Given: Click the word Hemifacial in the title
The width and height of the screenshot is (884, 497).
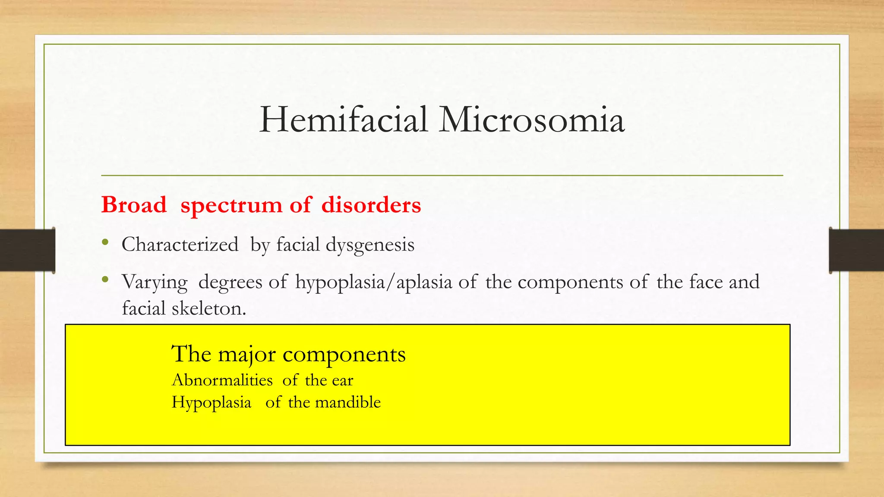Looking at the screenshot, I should [x=344, y=120].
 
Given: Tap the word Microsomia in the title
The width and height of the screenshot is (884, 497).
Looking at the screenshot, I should [x=532, y=120].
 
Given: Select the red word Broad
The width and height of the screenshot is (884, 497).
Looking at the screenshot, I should [x=134, y=204].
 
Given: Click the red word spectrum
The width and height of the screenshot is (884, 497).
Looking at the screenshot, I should [x=231, y=205].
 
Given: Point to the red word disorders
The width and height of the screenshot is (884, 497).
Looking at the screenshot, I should [x=371, y=204].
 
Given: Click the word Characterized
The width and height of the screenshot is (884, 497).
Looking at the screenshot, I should [x=180, y=245].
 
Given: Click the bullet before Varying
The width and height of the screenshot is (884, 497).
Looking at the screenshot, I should [x=105, y=280].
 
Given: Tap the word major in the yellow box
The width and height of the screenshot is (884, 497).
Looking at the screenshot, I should [x=246, y=355].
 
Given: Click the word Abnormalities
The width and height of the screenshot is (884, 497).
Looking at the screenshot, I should [x=222, y=380].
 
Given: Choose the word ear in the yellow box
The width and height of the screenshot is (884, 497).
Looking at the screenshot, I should [x=343, y=381].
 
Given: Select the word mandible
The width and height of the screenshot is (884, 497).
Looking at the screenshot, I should [x=348, y=402].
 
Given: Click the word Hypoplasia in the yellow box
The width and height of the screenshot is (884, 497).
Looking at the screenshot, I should [x=212, y=403].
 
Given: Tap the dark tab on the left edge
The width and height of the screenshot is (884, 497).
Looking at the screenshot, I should [x=27, y=250].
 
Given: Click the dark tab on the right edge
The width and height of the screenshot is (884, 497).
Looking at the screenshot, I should [x=856, y=250].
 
